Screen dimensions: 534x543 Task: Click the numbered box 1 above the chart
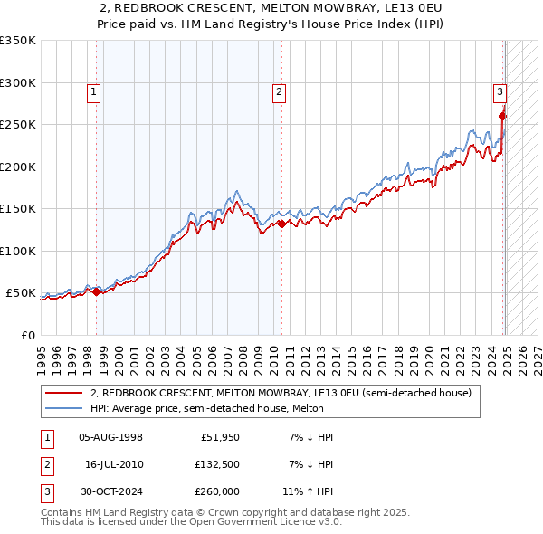pos(94,91)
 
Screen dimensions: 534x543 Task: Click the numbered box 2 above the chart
pos(279,91)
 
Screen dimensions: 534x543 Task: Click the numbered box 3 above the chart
pos(500,91)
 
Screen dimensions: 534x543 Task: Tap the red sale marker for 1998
pos(97,291)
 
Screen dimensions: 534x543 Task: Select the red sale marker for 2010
pos(281,224)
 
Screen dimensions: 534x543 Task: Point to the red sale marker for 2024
pos(503,116)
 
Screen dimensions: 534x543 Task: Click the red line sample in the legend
pos(63,394)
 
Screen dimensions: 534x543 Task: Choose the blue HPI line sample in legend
pos(63,409)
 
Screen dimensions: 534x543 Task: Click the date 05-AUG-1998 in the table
pos(111,437)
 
